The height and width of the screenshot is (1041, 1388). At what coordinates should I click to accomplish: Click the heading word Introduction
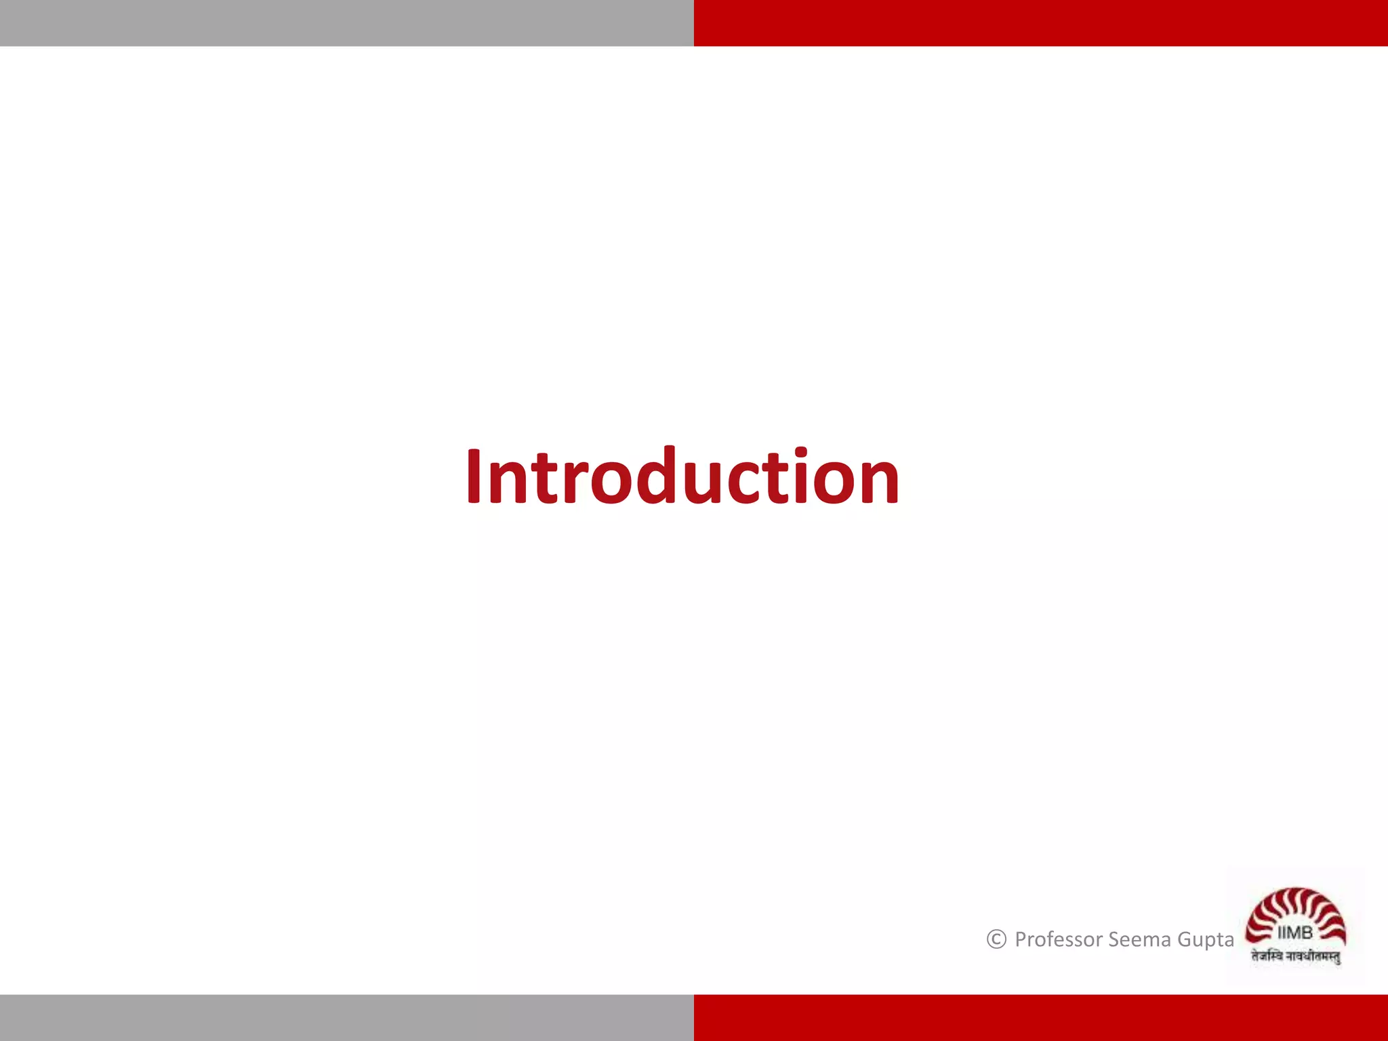[x=682, y=477]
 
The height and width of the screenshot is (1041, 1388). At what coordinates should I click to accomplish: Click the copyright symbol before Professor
[x=996, y=939]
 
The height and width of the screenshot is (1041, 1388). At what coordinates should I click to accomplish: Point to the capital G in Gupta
[x=1185, y=940]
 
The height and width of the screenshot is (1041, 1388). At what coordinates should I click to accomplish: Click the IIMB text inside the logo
[x=1295, y=933]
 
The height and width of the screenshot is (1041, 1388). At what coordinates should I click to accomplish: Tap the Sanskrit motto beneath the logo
[x=1296, y=957]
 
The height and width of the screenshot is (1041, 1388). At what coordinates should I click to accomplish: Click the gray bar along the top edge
[x=347, y=23]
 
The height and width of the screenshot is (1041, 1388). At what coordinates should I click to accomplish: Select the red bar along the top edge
[x=1041, y=23]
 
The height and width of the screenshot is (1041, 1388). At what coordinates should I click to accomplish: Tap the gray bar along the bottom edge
[x=347, y=1018]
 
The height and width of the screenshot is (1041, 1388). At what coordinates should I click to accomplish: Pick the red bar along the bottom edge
[x=1041, y=1018]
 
